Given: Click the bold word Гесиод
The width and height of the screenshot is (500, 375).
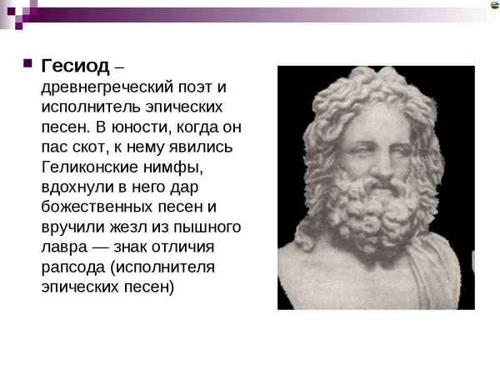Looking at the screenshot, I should point(75,67).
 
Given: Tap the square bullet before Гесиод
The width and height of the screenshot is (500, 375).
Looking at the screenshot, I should point(26,64).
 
